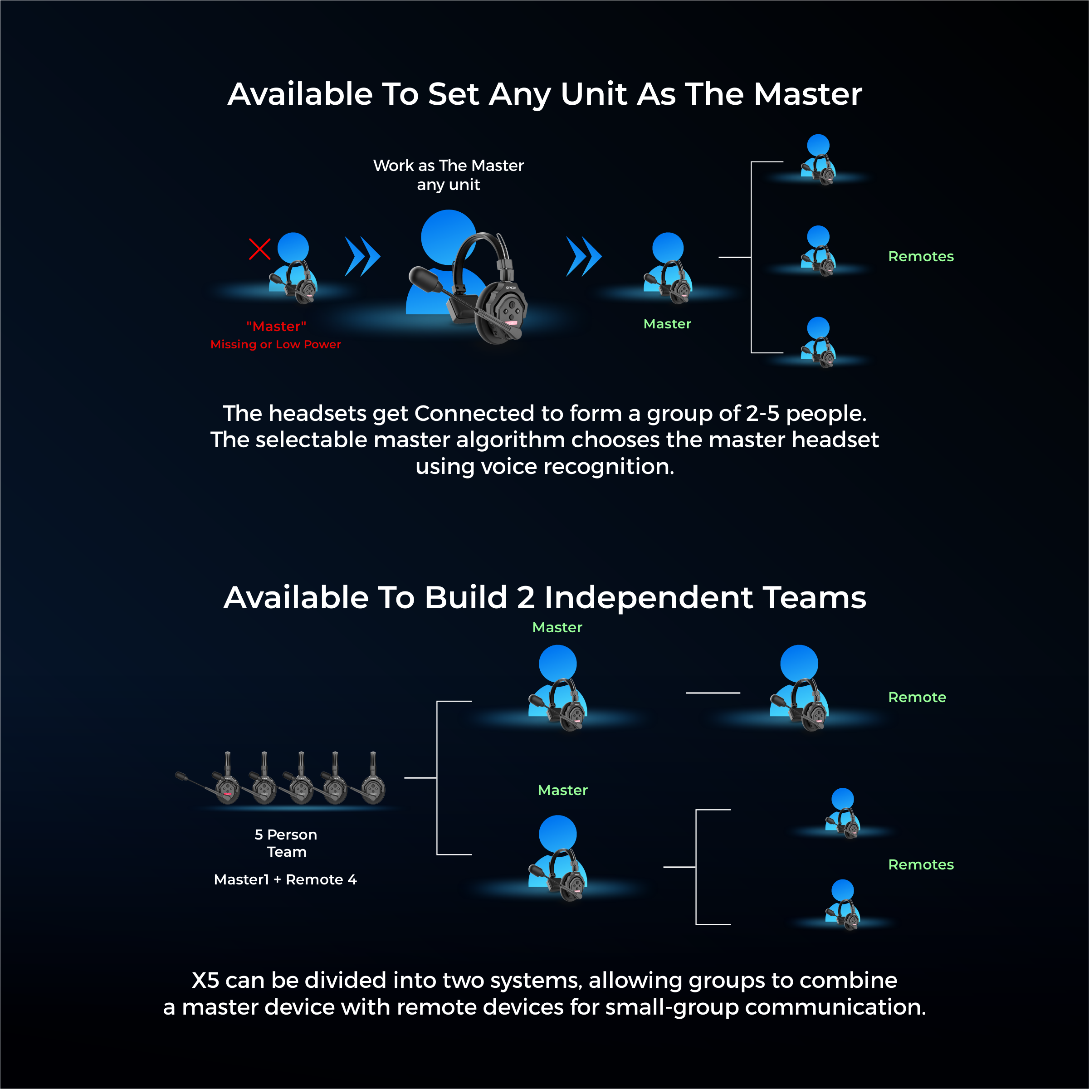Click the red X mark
tap(259, 249)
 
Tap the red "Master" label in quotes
tap(276, 327)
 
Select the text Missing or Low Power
tap(276, 344)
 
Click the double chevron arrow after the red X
tap(362, 256)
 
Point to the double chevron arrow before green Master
tap(584, 256)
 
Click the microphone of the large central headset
tap(424, 279)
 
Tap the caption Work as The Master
tap(448, 166)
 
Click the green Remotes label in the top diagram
tap(920, 256)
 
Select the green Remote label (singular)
tap(917, 697)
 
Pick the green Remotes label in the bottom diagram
tap(920, 864)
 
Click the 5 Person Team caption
tap(286, 843)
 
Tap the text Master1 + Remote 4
tap(285, 879)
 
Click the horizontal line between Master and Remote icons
tap(713, 693)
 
